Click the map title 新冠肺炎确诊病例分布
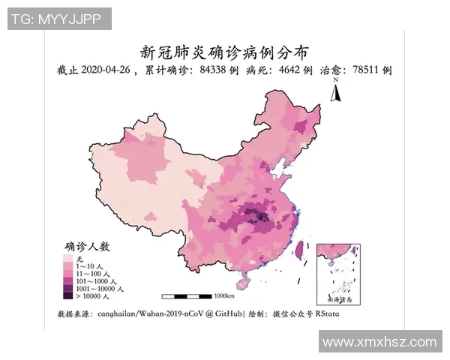tap(225, 52)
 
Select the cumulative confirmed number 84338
tap(214, 70)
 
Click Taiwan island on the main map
tap(301, 250)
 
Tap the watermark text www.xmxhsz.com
tap(379, 342)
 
